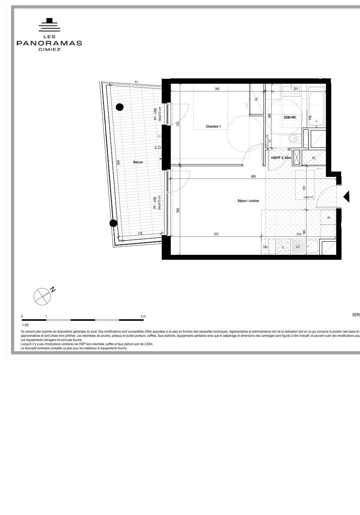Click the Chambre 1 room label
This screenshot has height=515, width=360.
213,126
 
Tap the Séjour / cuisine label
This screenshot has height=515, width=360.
248,201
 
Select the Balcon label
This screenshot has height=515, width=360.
138,162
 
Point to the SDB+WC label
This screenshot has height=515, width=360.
290,117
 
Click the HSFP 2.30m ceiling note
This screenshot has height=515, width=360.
281,158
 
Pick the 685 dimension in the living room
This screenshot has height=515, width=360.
253,176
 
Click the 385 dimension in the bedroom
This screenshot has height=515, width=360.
217,89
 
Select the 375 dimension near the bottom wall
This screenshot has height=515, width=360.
216,234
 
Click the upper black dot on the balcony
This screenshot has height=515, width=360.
119,107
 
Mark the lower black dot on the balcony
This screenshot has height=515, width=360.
113,223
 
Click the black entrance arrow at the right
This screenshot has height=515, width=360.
346,197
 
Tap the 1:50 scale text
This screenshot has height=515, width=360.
25,325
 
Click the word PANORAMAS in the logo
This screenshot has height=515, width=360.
49,43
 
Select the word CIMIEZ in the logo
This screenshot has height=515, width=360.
49,50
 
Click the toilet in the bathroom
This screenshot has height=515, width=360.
294,138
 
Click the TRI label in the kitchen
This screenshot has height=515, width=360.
265,247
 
